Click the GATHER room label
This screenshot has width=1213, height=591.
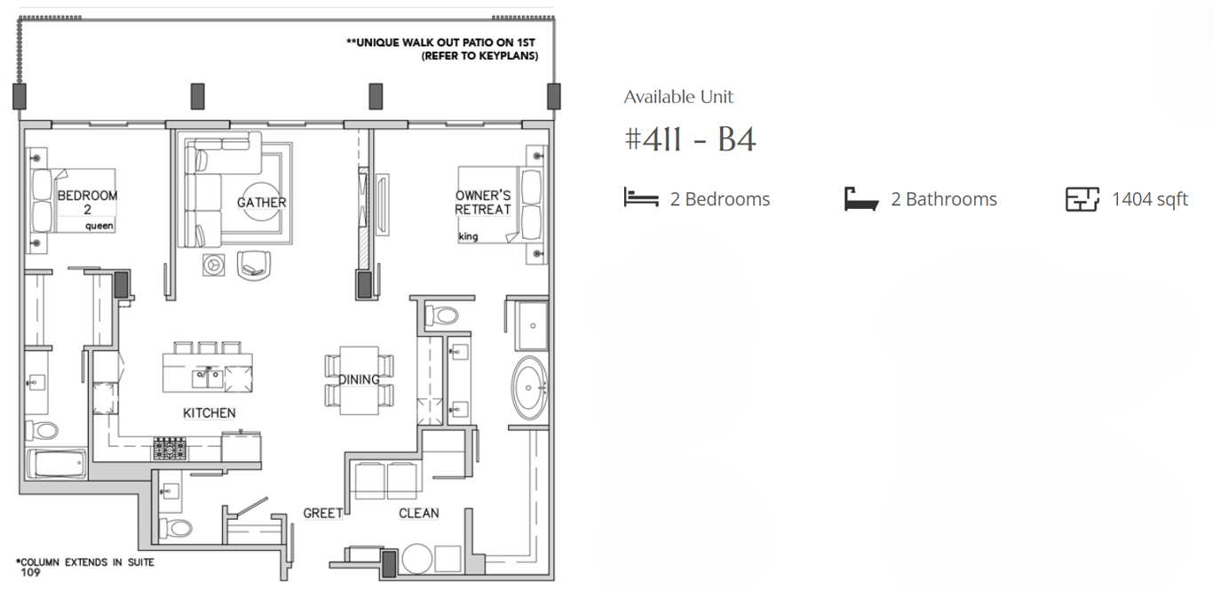(261, 203)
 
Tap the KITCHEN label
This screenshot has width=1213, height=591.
(209, 413)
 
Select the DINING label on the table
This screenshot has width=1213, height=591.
(359, 379)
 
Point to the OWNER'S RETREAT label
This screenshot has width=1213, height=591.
(482, 203)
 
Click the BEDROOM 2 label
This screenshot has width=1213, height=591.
(87, 203)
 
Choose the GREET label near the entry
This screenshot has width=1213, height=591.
(322, 513)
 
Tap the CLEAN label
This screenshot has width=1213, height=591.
(418, 513)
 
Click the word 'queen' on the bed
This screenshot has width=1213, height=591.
(99, 226)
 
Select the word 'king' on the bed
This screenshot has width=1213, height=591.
(468, 236)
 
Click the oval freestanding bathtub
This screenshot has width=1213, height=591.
(529, 387)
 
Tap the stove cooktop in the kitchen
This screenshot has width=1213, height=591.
(170, 449)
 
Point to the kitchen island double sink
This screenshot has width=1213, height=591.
(208, 379)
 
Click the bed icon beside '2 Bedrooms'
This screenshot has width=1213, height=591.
(641, 197)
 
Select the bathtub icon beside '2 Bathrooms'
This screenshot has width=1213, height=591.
(861, 199)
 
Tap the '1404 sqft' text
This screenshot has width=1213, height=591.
(1150, 200)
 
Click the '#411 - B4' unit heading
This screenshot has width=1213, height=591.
(690, 140)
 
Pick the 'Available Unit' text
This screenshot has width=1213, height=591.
(678, 97)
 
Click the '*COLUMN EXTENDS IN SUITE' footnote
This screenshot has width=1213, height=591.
(85, 563)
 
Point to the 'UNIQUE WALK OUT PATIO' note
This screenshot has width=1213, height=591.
(441, 43)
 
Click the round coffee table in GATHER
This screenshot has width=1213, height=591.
(261, 202)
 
